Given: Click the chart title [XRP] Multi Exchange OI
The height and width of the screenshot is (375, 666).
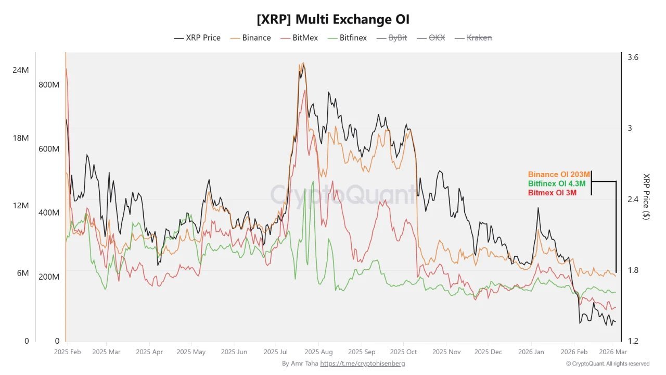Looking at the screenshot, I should (333, 20).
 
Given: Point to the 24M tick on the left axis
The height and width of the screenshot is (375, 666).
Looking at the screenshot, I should (21, 70).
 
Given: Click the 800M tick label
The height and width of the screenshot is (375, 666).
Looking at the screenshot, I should (49, 85).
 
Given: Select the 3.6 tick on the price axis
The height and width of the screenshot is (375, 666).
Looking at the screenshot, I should (633, 57).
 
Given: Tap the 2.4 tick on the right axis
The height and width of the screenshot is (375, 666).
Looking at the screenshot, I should (633, 199).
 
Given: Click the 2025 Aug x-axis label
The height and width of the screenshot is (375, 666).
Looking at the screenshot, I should (319, 352).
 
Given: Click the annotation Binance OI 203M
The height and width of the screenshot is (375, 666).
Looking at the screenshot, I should (559, 174).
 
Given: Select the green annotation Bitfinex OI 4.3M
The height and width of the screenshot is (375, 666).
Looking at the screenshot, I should (557, 184).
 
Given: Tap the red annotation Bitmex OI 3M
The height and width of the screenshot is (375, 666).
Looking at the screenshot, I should (553, 193).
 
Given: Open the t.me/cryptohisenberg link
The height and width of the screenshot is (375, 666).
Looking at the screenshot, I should (362, 364).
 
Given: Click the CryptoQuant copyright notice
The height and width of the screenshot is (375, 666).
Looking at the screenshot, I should (608, 364).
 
